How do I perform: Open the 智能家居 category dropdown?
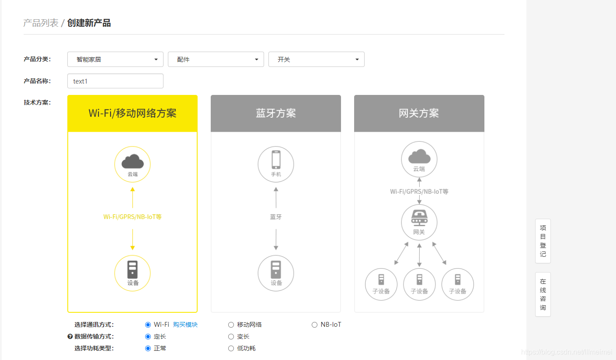pos(115,59)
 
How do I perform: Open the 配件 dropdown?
pos(216,59)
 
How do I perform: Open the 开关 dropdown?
pos(317,59)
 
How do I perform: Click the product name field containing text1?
pos(115,81)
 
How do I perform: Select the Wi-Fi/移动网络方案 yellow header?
pos(132,113)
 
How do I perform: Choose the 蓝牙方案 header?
pos(276,113)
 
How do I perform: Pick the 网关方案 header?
pos(419,113)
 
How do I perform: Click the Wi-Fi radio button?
pos(148,325)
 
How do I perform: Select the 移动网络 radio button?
pos(231,325)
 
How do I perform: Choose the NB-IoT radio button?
pos(314,325)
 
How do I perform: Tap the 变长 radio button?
pos(231,336)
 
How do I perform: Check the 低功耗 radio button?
pos(231,348)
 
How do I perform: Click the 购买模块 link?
pos(185,325)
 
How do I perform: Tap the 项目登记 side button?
pos(543,241)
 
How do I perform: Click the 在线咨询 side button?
pos(543,294)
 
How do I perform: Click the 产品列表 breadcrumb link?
pos(41,23)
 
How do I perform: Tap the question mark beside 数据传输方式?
pos(70,336)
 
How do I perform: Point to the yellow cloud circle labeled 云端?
pos(132,164)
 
